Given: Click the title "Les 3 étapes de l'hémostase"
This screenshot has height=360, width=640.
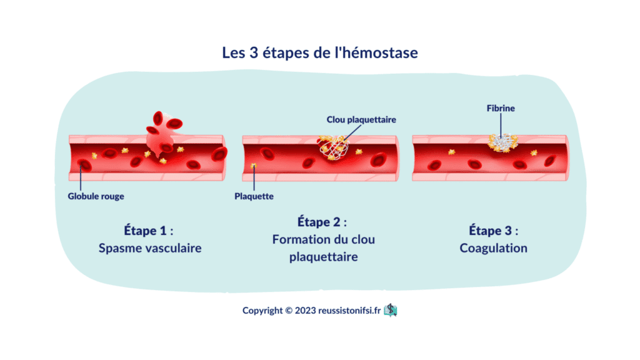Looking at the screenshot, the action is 320,52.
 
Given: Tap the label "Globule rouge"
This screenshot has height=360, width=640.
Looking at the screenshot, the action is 96,196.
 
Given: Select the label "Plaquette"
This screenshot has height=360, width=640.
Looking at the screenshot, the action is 254,196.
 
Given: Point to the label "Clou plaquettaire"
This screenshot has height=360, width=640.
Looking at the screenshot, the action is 361,119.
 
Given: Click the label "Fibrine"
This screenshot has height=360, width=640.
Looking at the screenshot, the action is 501,108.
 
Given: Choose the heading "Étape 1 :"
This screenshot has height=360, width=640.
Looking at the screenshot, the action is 149,231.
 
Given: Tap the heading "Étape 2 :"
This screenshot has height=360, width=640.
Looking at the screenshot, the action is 322,222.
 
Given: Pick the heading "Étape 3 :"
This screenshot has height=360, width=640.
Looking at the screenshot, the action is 494,231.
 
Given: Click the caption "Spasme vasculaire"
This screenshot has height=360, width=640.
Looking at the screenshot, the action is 150,248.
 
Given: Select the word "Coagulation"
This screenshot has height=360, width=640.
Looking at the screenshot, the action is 494,248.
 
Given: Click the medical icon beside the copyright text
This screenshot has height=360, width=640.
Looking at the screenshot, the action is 391,310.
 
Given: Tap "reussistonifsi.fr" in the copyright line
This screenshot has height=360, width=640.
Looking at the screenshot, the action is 349,311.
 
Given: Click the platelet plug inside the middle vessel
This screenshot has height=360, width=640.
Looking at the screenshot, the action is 334,147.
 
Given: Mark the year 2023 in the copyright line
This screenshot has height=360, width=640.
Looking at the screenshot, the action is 305,311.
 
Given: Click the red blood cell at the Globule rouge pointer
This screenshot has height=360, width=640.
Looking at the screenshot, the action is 84,165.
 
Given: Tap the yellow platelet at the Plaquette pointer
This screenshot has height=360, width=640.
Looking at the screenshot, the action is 254,166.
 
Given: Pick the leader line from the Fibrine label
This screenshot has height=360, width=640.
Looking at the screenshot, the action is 501,126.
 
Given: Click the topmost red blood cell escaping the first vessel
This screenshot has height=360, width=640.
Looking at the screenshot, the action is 157,118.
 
